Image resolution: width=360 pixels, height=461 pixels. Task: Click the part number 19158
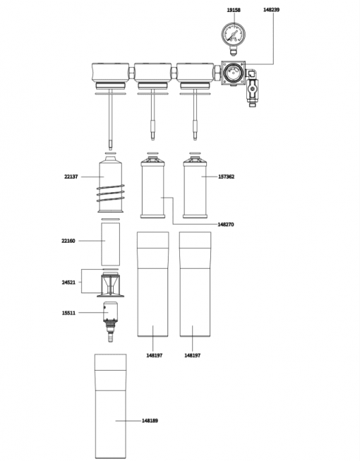234,10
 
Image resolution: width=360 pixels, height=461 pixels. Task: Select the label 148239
271,10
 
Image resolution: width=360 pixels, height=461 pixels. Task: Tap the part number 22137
71,176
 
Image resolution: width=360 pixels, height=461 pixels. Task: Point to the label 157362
227,176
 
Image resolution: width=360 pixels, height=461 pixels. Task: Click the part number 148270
226,224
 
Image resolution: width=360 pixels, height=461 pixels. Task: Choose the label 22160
68,241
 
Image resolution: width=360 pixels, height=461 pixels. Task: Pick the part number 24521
68,282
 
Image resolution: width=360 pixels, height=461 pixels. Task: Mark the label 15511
68,313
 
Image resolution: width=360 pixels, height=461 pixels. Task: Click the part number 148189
150,421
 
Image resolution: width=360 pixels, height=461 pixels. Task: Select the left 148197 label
155,355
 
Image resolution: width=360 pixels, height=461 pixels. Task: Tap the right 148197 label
192,355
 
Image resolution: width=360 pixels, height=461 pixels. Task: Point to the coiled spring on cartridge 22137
111,193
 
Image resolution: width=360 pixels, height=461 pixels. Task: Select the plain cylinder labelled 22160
111,244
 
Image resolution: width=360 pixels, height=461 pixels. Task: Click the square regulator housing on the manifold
234,73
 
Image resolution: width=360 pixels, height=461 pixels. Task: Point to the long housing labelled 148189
111,406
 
